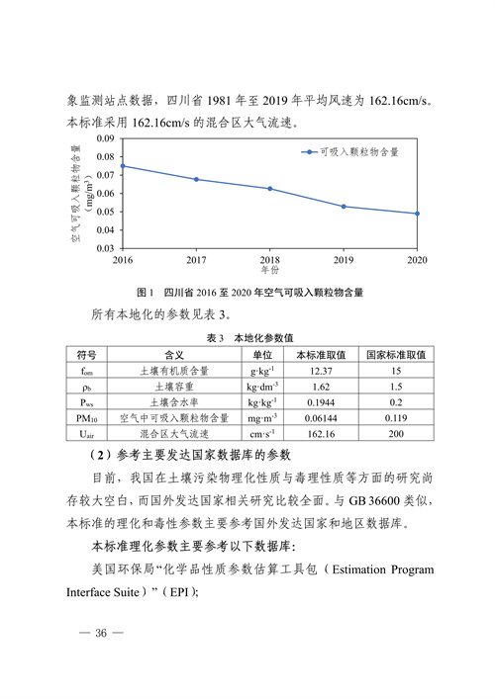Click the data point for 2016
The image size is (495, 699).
(x=123, y=166)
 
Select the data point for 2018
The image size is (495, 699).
(x=270, y=189)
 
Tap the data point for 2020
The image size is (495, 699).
(x=417, y=214)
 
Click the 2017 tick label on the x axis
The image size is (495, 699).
(x=196, y=259)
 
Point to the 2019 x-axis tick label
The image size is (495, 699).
(x=344, y=259)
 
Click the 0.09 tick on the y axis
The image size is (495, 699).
(x=105, y=139)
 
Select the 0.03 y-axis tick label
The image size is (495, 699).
(x=105, y=248)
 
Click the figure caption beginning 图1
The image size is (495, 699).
(x=249, y=293)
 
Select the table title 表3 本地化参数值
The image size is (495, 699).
(x=249, y=338)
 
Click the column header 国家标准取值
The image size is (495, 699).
(x=395, y=354)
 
